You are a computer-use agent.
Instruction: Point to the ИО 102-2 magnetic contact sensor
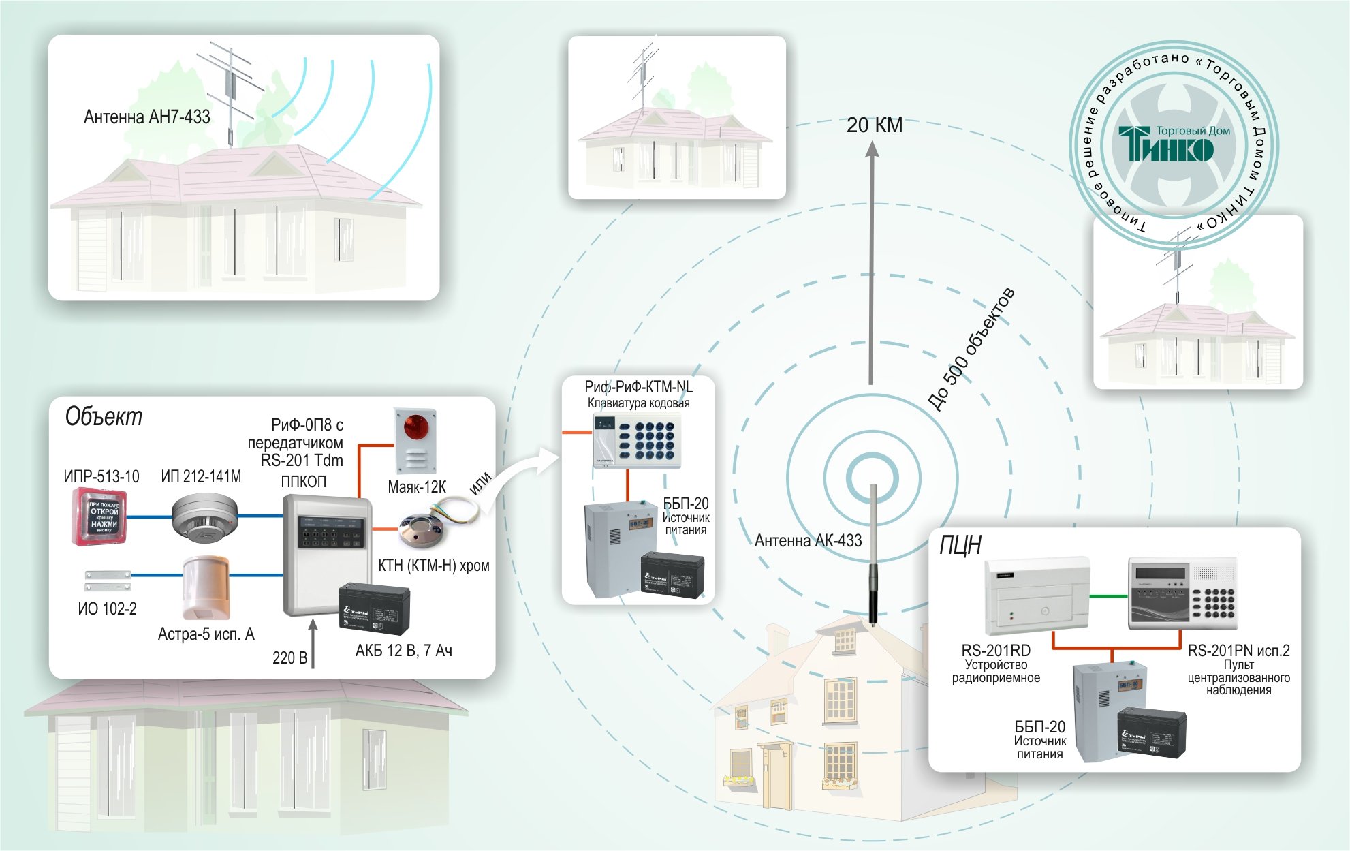click(x=108, y=581)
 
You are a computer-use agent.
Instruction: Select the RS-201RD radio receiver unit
click(x=1037, y=595)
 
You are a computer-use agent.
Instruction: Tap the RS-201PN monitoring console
click(x=1182, y=593)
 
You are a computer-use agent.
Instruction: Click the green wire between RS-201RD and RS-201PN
click(x=1109, y=596)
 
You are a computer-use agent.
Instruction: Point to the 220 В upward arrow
click(x=313, y=643)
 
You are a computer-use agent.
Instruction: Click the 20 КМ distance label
click(x=874, y=125)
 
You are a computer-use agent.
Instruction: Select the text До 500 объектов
click(x=971, y=350)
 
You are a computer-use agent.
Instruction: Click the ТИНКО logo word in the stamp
click(x=1165, y=144)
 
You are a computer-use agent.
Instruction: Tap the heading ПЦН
click(x=960, y=545)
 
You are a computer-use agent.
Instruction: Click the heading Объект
click(x=104, y=416)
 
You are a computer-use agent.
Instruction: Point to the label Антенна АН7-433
click(x=146, y=117)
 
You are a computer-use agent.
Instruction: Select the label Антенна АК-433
click(x=808, y=541)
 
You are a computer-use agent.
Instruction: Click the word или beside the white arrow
click(x=480, y=483)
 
